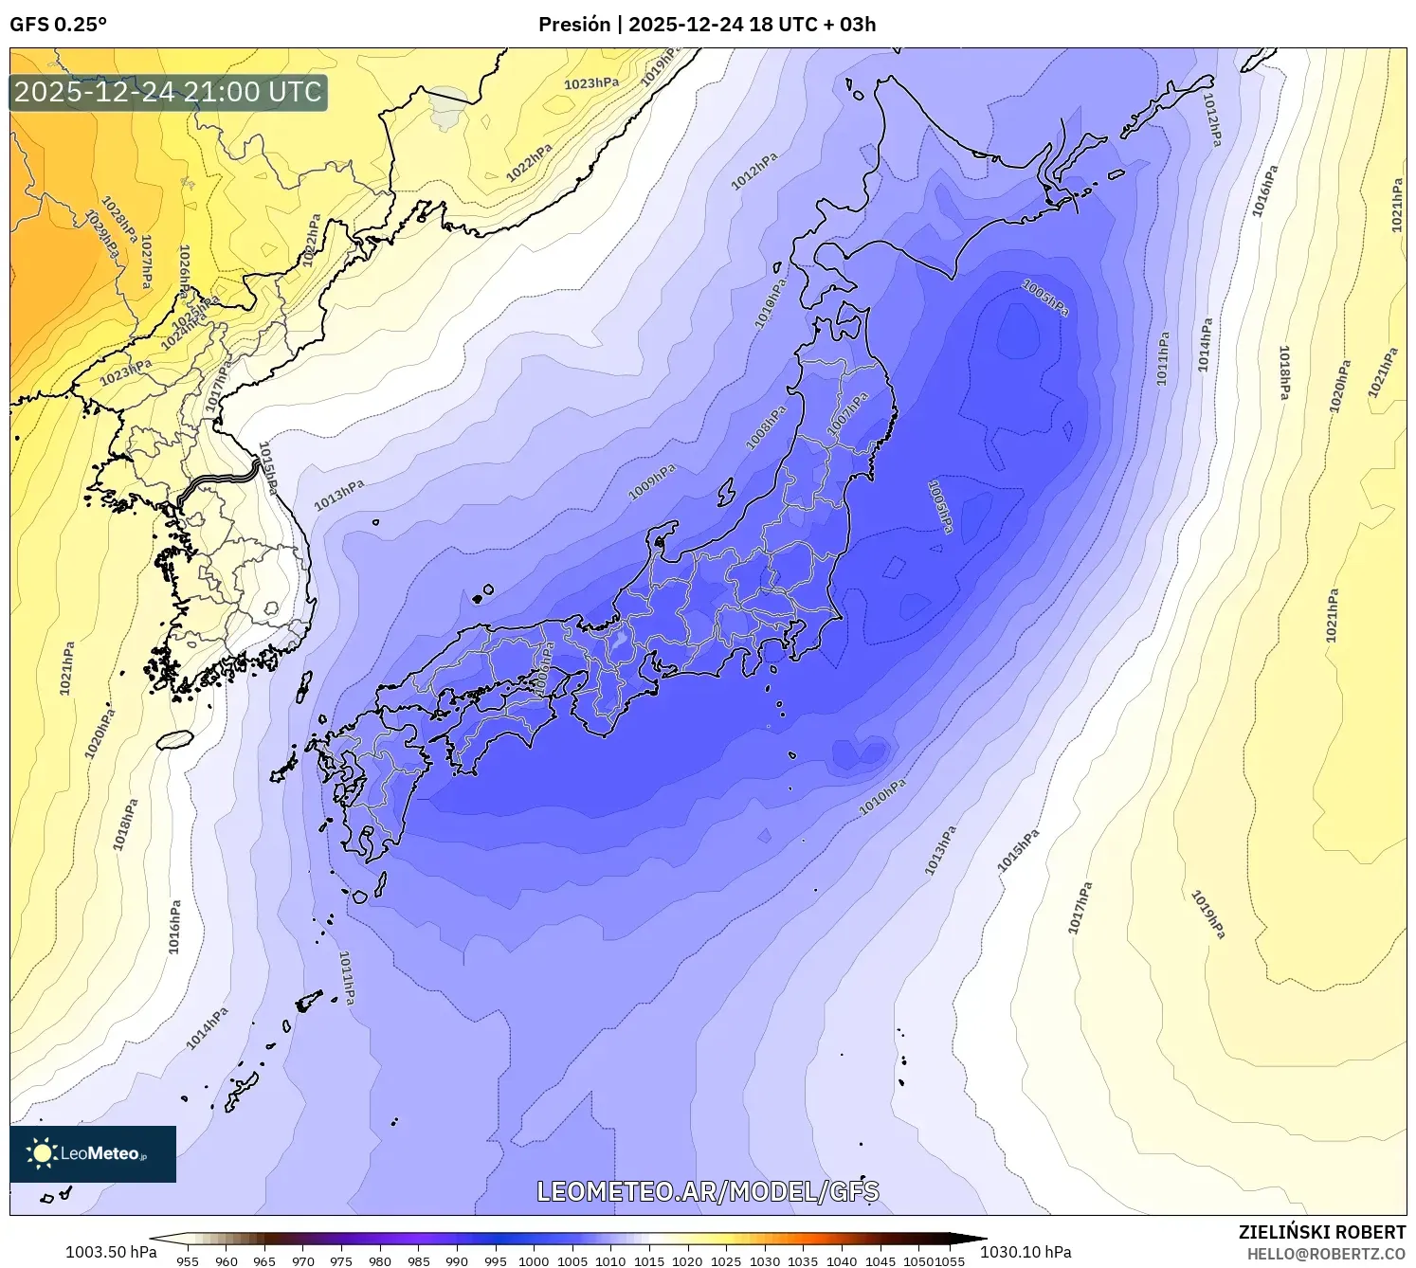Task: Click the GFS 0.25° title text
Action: [59, 25]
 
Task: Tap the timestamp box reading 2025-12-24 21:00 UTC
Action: [169, 92]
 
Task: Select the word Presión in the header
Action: [574, 25]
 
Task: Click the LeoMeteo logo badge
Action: [93, 1153]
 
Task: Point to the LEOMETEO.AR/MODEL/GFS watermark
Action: [708, 1191]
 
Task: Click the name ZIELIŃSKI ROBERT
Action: [1322, 1232]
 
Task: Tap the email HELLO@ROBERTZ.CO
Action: [1326, 1254]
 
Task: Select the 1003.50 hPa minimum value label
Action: [111, 1252]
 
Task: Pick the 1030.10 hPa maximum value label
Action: [1026, 1252]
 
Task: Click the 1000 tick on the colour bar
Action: [534, 1260]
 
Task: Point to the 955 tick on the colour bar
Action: [188, 1260]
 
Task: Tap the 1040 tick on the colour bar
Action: [842, 1260]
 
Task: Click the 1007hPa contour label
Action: [847, 414]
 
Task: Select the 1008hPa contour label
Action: [767, 427]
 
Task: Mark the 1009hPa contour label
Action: [652, 482]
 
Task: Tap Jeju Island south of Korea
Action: [175, 739]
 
